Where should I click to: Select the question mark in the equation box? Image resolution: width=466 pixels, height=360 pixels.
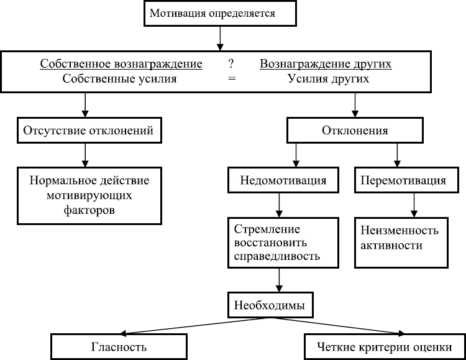click(231, 64)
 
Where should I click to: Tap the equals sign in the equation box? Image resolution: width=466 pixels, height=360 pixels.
click(232, 79)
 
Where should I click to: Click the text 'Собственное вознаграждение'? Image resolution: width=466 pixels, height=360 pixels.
click(121, 64)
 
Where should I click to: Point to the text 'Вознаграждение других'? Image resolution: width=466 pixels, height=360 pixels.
click(326, 64)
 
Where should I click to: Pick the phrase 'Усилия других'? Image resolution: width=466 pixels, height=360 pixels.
click(329, 79)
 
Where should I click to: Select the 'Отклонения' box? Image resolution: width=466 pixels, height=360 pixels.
click(355, 131)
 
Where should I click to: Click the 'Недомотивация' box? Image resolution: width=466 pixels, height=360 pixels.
click(283, 180)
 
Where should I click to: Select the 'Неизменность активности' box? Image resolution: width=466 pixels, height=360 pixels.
click(401, 238)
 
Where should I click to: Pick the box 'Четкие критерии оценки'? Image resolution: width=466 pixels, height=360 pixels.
click(383, 346)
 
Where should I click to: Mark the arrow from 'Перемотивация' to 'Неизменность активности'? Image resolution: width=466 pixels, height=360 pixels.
click(412, 204)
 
